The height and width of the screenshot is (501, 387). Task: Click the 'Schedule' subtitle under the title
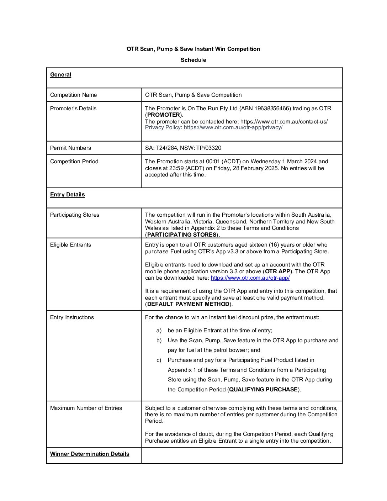click(193, 60)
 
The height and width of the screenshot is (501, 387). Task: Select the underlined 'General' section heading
click(60, 75)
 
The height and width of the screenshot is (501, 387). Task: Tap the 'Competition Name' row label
click(73, 95)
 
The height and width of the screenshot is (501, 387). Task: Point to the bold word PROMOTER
click(163, 115)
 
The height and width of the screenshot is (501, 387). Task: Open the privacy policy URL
click(233, 127)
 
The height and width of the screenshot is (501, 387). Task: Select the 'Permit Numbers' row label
click(70, 148)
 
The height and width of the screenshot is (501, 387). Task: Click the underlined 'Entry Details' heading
click(67, 195)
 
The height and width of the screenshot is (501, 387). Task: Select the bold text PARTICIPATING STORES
click(181, 234)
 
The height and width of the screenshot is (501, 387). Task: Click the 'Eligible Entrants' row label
click(70, 245)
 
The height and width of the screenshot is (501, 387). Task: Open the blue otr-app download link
click(250, 278)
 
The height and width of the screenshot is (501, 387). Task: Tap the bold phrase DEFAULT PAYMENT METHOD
click(188, 304)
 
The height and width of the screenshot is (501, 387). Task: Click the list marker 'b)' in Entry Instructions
click(159, 341)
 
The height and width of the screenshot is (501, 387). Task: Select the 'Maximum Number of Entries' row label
click(86, 408)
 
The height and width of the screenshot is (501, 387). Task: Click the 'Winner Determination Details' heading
click(90, 454)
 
